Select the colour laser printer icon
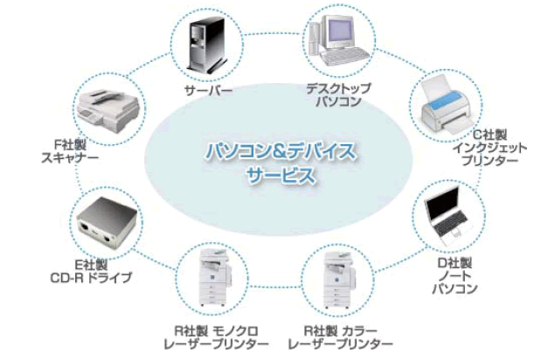click(x=339, y=279)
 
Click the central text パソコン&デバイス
click(x=280, y=151)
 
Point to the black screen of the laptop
click(x=441, y=211)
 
